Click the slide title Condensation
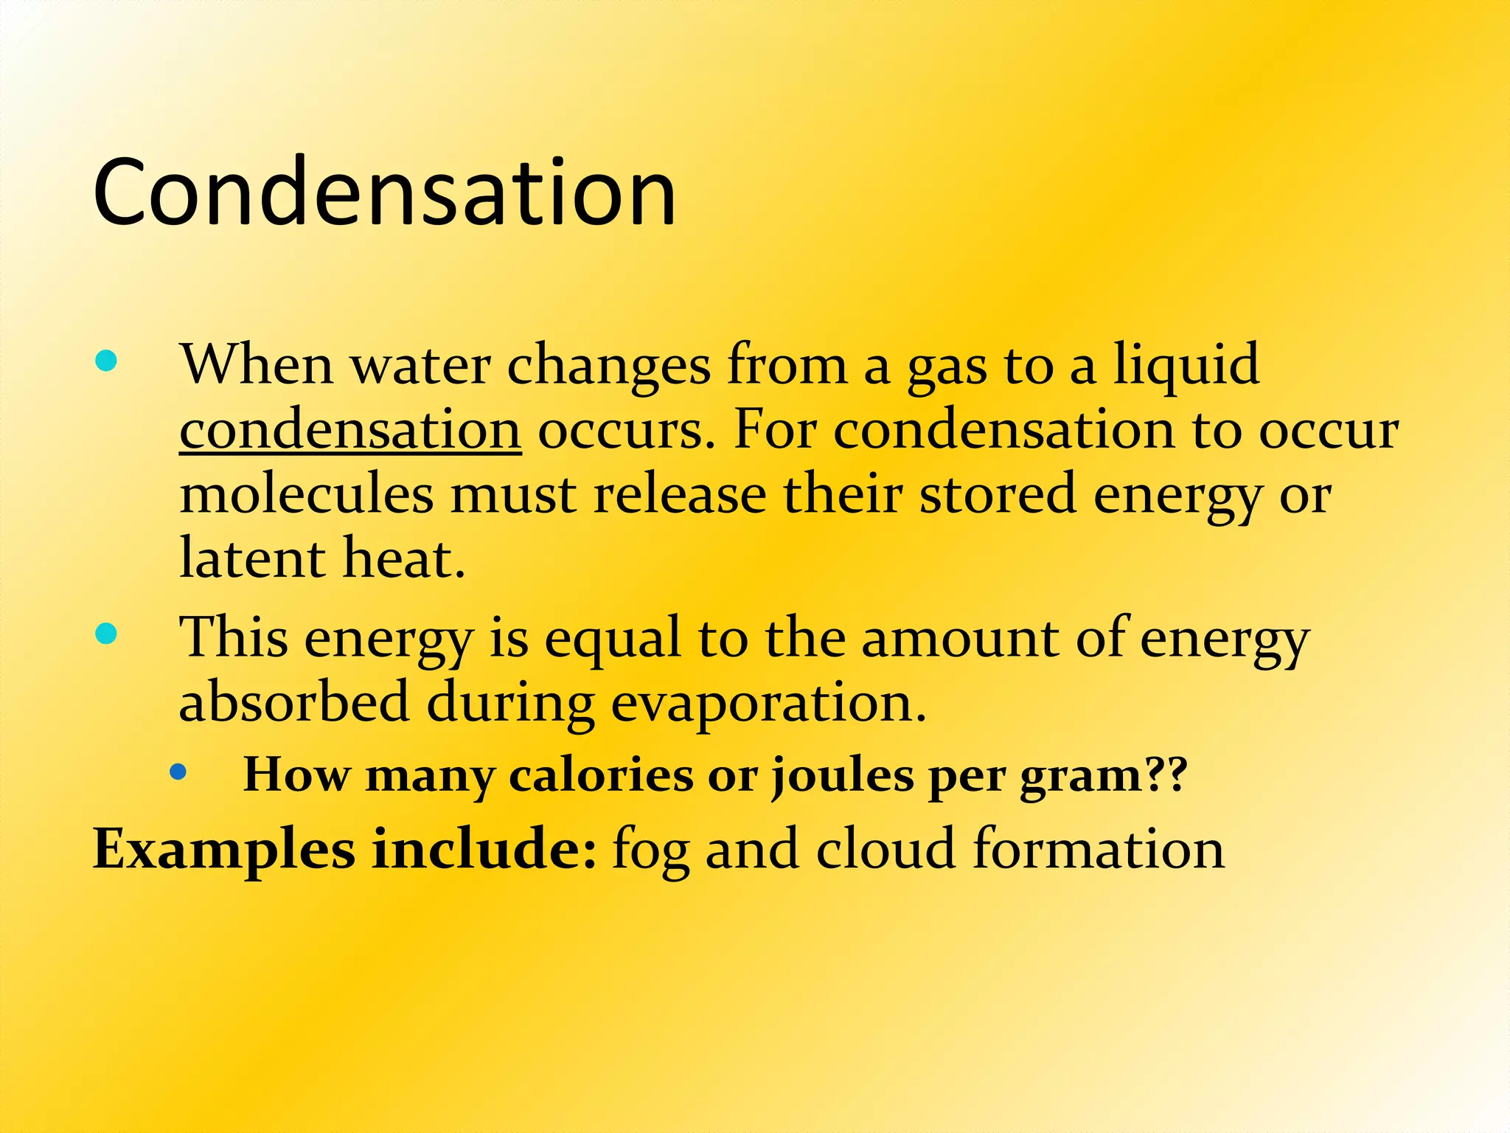coord(384,193)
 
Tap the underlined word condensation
coord(350,430)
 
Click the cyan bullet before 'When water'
coord(107,361)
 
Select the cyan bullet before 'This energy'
coord(107,634)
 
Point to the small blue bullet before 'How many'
coord(178,772)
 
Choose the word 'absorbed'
coord(294,702)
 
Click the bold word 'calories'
coord(600,776)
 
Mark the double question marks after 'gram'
coord(1166,776)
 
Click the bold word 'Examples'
coord(224,850)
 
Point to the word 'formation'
coord(1099,850)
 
